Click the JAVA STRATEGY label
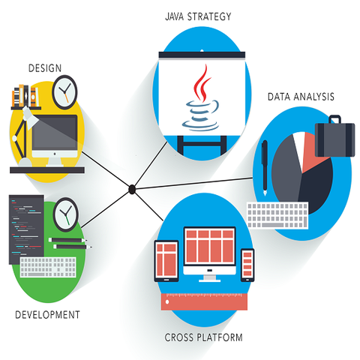click(x=198, y=16)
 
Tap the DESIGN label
click(x=45, y=68)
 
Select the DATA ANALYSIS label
click(x=301, y=97)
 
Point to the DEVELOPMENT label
click(x=47, y=315)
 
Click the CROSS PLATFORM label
click(x=203, y=337)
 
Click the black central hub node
click(x=132, y=189)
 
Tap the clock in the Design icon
click(x=64, y=92)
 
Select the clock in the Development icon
click(x=66, y=214)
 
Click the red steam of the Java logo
click(x=202, y=83)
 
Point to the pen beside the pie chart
click(x=265, y=168)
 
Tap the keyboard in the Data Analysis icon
click(x=277, y=215)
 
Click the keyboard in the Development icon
click(x=48, y=267)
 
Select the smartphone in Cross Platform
click(x=247, y=265)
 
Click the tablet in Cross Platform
click(x=166, y=261)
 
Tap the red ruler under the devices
click(x=204, y=301)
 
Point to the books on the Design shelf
click(x=25, y=96)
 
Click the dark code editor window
click(x=26, y=229)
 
